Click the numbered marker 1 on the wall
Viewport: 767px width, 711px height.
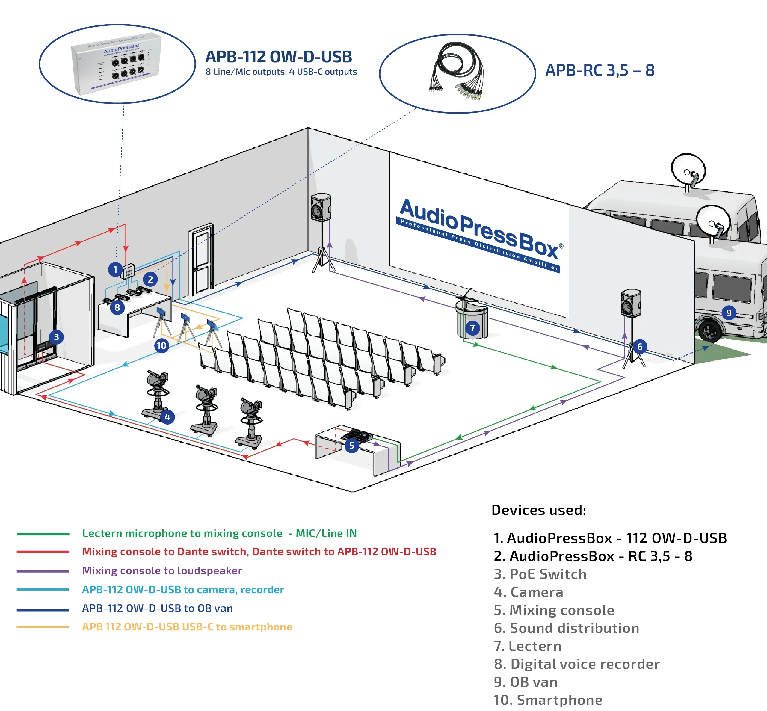(115, 269)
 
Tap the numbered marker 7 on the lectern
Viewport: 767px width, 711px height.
(472, 328)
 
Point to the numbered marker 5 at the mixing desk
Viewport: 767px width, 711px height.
(351, 446)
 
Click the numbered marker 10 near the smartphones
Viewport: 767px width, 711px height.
(161, 345)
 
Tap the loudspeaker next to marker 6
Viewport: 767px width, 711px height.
(631, 304)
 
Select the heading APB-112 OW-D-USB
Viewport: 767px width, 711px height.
(279, 57)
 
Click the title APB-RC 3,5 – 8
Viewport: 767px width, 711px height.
(600, 70)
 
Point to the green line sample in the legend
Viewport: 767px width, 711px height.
(43, 534)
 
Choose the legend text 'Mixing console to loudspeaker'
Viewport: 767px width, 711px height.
(162, 570)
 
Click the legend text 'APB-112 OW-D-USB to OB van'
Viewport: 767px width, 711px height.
(157, 608)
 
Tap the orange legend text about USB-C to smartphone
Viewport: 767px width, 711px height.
(187, 627)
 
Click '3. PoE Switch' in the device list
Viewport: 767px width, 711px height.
(540, 574)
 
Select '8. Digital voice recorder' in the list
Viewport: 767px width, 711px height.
(576, 664)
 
